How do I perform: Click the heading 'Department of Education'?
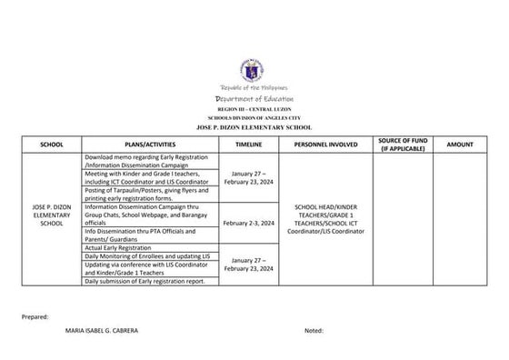pyautogui.click(x=254, y=97)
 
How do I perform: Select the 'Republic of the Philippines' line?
pyautogui.click(x=254, y=87)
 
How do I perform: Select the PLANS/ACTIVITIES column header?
pyautogui.click(x=145, y=145)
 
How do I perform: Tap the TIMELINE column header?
pyautogui.click(x=248, y=145)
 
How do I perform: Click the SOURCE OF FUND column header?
pyautogui.click(x=399, y=144)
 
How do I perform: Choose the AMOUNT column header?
pyautogui.click(x=460, y=145)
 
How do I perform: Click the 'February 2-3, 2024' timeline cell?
pyautogui.click(x=248, y=222)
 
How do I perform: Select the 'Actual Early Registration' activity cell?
pyautogui.click(x=116, y=247)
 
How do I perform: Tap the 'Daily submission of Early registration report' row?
pyautogui.click(x=145, y=281)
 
